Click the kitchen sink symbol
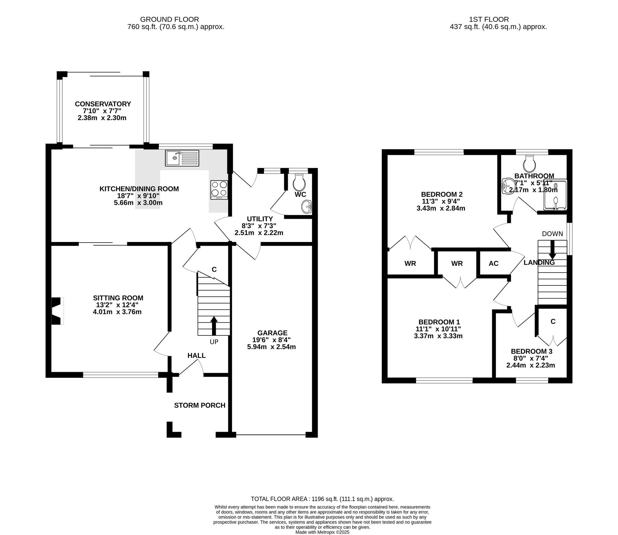click(x=182, y=158)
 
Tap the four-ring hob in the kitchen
click(x=219, y=189)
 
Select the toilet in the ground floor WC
click(x=299, y=182)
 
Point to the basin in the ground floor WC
click(x=306, y=207)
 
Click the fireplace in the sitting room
click(x=57, y=311)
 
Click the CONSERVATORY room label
click(x=103, y=104)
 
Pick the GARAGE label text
click(x=272, y=333)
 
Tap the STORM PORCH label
click(x=200, y=405)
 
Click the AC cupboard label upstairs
click(x=493, y=263)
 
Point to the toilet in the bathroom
click(x=529, y=164)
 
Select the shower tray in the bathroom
click(x=555, y=195)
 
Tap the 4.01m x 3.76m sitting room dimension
click(x=117, y=312)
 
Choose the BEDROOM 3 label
click(x=531, y=351)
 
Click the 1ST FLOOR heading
click(x=489, y=20)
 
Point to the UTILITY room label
click(x=260, y=219)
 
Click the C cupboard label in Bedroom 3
click(x=553, y=321)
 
